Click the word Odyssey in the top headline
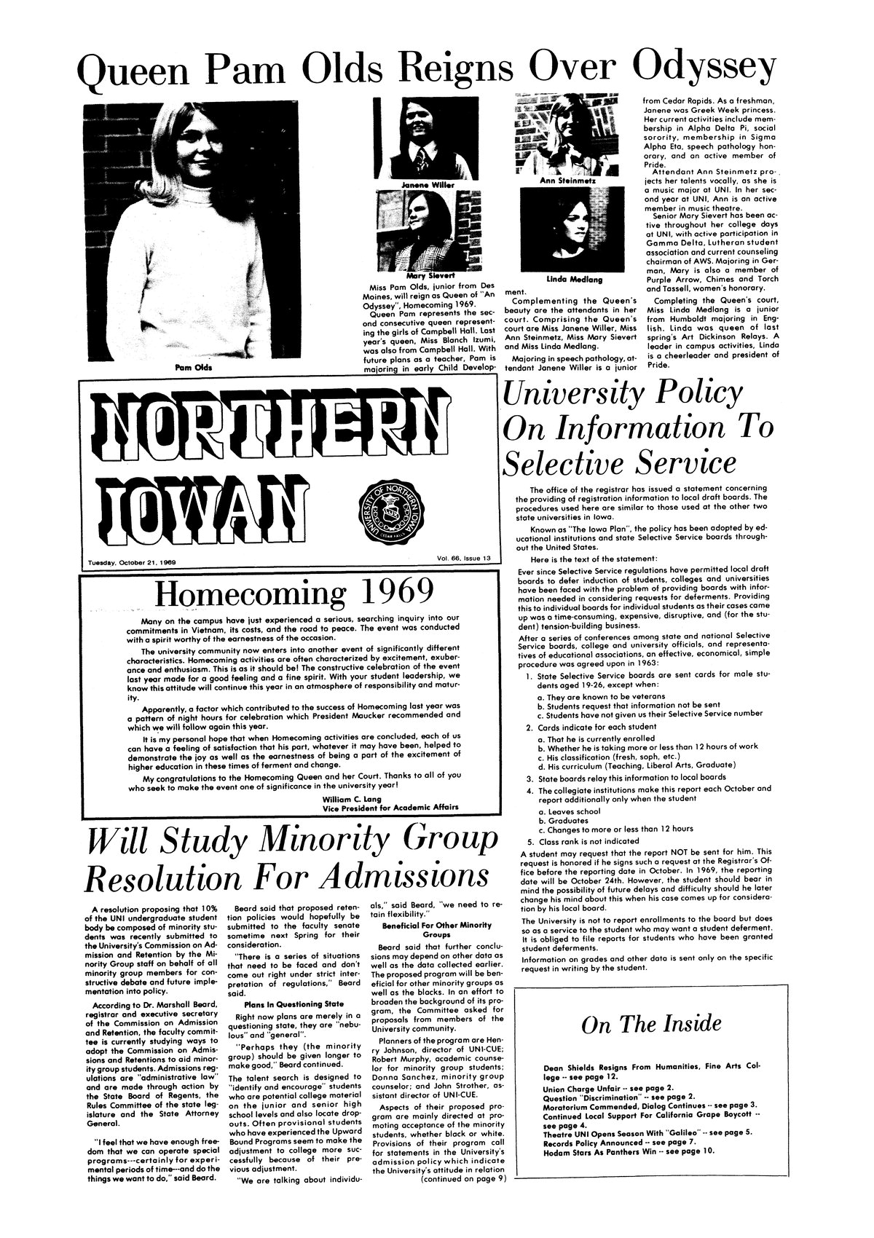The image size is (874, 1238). (704, 69)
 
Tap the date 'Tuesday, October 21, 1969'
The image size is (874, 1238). (136, 561)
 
